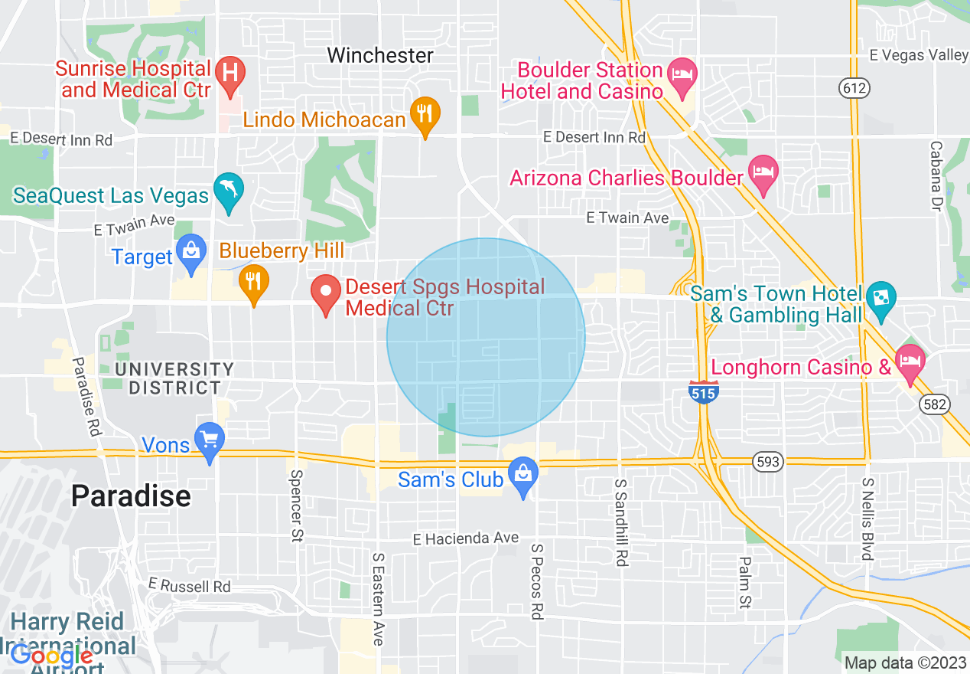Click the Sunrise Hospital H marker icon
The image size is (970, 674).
tap(228, 73)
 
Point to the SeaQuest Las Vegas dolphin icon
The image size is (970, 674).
tap(229, 188)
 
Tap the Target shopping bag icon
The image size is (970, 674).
tap(190, 250)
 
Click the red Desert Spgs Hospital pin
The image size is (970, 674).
tap(326, 291)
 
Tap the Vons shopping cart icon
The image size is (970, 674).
tap(210, 438)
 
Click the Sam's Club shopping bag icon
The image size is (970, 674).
tap(523, 473)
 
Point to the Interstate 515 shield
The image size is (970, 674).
tap(702, 392)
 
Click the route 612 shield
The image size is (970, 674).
tap(854, 88)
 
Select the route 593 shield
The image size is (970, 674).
tap(767, 462)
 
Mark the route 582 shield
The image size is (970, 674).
tap(935, 404)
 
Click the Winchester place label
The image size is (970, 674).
tap(380, 55)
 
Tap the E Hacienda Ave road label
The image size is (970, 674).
tap(465, 538)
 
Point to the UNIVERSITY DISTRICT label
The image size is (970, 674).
tap(174, 378)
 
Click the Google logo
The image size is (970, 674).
tap(51, 656)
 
